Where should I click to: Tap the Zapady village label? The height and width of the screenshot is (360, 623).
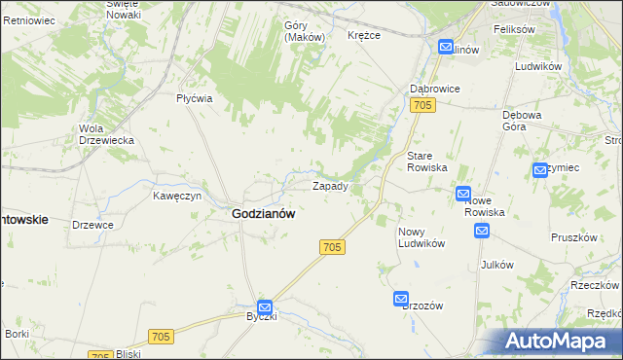[x=329, y=185]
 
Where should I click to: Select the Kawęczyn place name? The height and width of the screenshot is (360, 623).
[x=176, y=195]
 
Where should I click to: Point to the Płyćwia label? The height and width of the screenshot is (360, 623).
[x=194, y=98]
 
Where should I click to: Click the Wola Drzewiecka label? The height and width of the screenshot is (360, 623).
[x=106, y=133]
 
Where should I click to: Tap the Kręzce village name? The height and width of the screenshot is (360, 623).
[x=363, y=35]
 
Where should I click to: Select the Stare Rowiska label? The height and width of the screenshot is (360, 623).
[x=426, y=162]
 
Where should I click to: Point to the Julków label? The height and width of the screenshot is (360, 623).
[x=496, y=264]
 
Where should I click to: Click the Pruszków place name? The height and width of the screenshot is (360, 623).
[x=573, y=237]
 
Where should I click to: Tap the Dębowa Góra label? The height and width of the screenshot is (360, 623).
[x=521, y=120]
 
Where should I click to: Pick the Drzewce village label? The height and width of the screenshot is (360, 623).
[x=93, y=225]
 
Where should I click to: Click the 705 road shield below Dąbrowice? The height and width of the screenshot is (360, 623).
[x=421, y=105]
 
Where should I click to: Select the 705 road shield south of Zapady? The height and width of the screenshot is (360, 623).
[x=331, y=248]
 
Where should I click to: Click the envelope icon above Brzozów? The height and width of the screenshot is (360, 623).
[x=401, y=298]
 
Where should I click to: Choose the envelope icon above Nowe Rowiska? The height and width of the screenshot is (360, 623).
[x=463, y=194]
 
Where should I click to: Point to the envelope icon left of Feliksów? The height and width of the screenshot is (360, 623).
[x=446, y=46]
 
